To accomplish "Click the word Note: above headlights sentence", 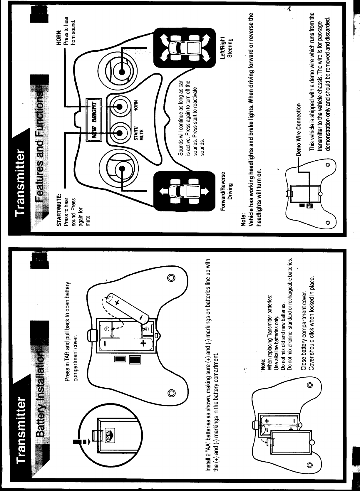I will pos(243,218).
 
